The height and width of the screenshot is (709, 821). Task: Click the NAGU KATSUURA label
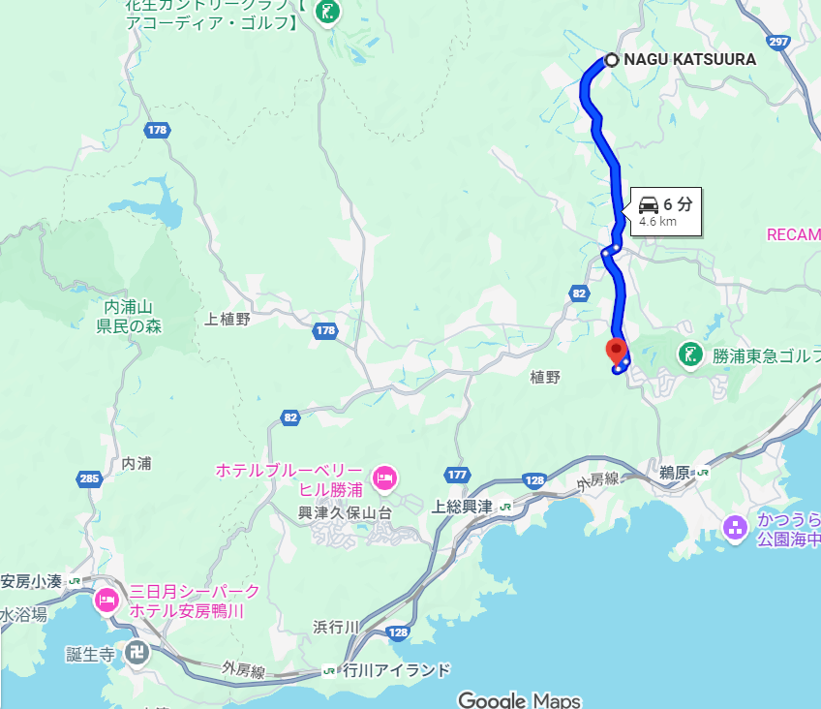point(689,59)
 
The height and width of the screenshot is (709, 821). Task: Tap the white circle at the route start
point(612,59)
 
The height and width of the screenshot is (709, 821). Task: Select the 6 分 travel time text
point(678,204)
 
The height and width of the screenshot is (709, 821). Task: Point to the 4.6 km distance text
point(657,222)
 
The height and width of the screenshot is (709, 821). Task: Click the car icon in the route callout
point(649,204)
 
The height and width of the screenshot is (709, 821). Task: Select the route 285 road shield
point(89,478)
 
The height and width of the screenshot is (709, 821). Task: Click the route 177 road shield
point(457,475)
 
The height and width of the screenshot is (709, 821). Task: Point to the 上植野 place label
point(228,319)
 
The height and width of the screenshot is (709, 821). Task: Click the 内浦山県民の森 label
point(129,317)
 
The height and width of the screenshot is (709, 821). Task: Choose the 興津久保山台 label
point(345,513)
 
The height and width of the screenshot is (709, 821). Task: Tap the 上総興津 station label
point(462,507)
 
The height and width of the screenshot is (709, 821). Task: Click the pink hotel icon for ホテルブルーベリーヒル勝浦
point(385,478)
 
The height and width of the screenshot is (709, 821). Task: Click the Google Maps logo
point(519,700)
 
